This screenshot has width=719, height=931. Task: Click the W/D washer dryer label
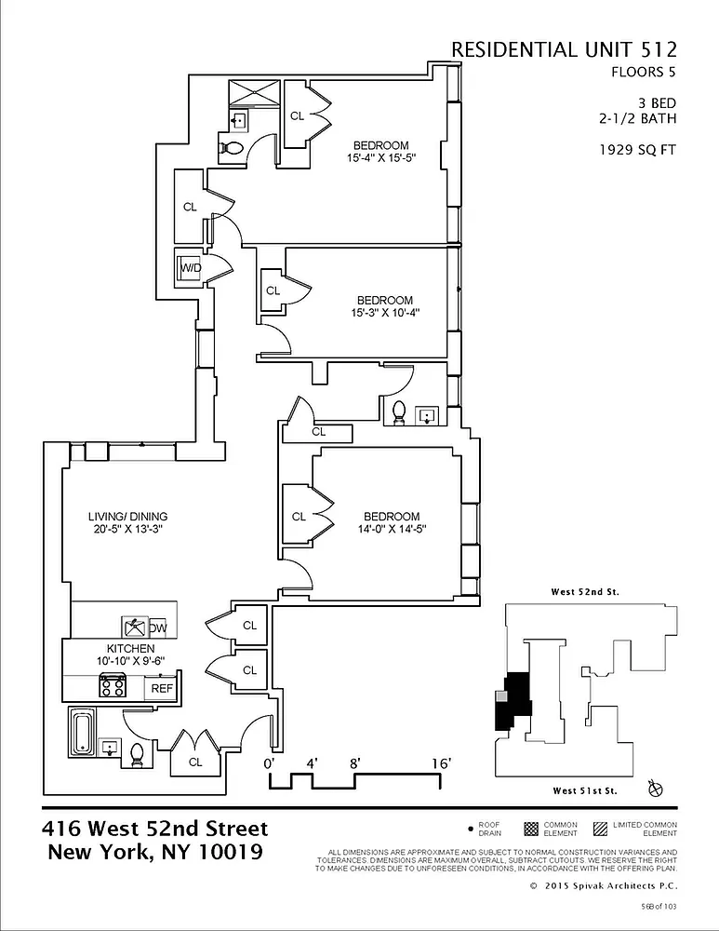190,268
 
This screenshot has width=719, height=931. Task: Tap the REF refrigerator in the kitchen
162,688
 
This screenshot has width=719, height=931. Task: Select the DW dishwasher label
158,627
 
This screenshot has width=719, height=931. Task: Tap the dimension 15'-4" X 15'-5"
380,158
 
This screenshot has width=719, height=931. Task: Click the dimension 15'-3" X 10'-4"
384,313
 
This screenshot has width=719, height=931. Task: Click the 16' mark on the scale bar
442,763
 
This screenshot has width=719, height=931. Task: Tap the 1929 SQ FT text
638,148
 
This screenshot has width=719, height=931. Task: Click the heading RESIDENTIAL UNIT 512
564,49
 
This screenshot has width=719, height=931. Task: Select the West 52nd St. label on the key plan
585,592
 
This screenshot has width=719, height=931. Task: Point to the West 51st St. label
585,790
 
